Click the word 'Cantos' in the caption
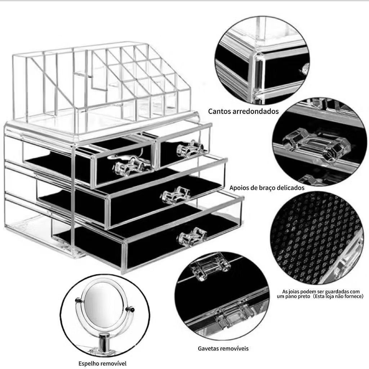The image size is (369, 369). pyautogui.click(x=219, y=111)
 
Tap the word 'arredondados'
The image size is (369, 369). pyautogui.click(x=255, y=111)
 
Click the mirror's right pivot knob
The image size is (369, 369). pyautogui.click(x=131, y=309)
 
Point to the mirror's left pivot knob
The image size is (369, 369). pyautogui.click(x=78, y=301)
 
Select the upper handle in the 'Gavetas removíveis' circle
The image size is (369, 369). pyautogui.click(x=210, y=266)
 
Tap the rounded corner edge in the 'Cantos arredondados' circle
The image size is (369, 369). pyautogui.click(x=258, y=75)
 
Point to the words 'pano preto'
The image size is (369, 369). pyautogui.click(x=297, y=296)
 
